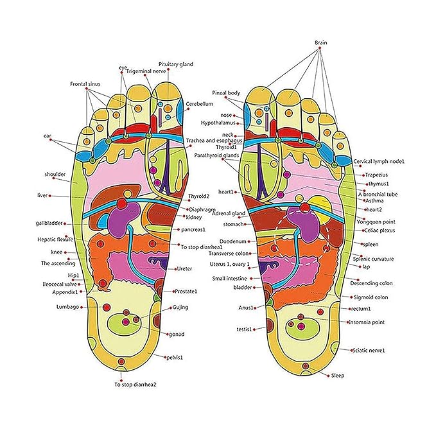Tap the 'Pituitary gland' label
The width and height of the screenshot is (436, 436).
pos(175,65)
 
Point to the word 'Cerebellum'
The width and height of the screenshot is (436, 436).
pos(200,103)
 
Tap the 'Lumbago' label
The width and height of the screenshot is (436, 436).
pos(68,308)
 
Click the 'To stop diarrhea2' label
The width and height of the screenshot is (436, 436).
pos(135,385)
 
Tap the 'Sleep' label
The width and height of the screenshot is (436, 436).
pos(337,375)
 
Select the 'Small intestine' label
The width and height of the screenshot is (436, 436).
pos(229,278)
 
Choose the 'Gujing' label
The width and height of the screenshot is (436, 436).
pos(180,308)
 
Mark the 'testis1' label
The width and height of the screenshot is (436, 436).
pos(244,329)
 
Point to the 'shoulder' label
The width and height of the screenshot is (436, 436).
pos(55,174)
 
